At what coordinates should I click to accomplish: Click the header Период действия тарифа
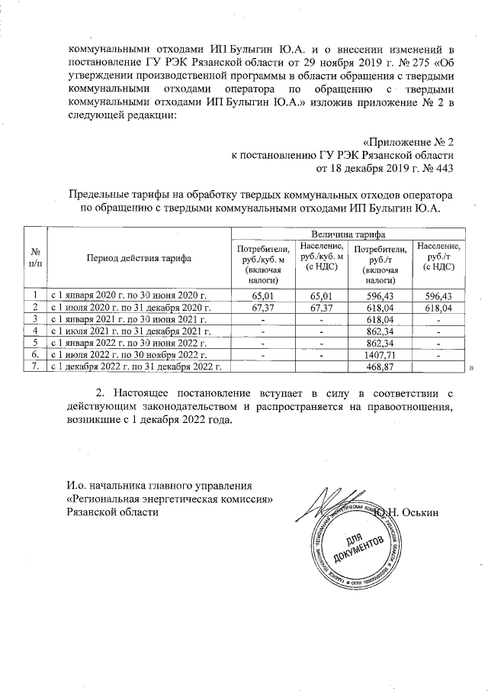coord(139,258)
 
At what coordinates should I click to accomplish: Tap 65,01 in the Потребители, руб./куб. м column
coord(263,294)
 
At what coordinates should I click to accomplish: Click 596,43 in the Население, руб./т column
coord(438,294)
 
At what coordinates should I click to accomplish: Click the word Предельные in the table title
coord(99,195)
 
